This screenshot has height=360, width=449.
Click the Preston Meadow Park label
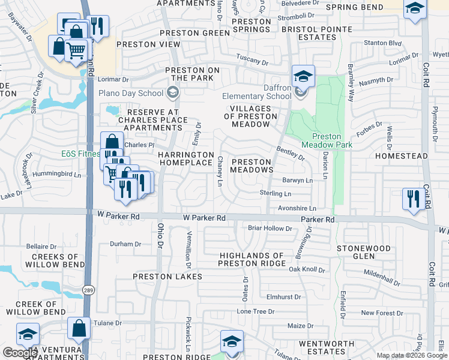[x=327, y=141]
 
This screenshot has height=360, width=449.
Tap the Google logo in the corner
[x=20, y=353]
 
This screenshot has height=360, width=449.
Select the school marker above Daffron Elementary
[x=304, y=76]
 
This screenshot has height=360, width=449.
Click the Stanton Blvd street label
[x=383, y=43]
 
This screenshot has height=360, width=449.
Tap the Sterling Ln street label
[x=275, y=194]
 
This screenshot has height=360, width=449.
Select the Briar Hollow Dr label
[x=270, y=228]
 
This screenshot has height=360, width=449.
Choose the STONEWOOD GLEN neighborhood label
[x=364, y=252]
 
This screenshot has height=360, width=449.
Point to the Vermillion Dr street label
[x=188, y=248]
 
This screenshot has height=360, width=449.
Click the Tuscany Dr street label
[x=252, y=61]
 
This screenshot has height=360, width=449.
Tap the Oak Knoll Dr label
[x=307, y=269]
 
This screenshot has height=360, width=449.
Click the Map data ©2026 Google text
[x=411, y=355]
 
